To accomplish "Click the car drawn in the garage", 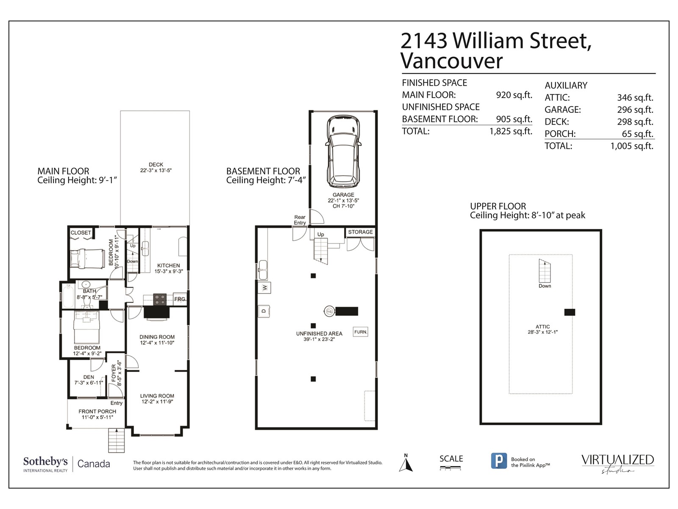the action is [343, 151].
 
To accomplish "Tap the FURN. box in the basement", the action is [361, 332].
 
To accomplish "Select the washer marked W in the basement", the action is [264, 288].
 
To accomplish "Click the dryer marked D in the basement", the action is [264, 311].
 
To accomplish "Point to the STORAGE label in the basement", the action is [361, 232].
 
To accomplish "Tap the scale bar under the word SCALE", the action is [450, 469].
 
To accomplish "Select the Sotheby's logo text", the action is [45, 462].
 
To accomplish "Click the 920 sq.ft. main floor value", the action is [514, 95].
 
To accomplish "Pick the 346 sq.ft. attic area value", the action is [635, 98].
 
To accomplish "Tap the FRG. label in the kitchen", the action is [180, 299].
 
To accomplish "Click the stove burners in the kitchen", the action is [160, 299].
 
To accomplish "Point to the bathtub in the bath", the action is [68, 296].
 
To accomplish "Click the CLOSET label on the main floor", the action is [81, 233].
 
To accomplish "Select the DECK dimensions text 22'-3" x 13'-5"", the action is [156, 170].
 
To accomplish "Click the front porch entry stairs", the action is [117, 440].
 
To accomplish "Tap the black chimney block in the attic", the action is [570, 312].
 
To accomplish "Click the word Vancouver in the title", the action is [452, 61].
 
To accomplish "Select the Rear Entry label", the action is [300, 220].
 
